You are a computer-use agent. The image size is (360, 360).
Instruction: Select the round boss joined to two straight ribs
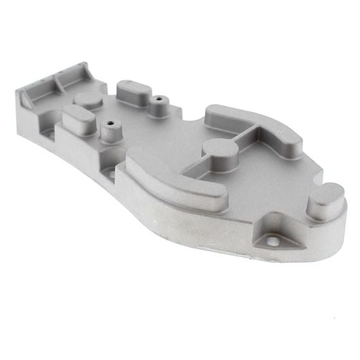click(x=220, y=149)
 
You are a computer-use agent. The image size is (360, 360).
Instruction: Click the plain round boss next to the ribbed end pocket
click(x=89, y=98)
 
